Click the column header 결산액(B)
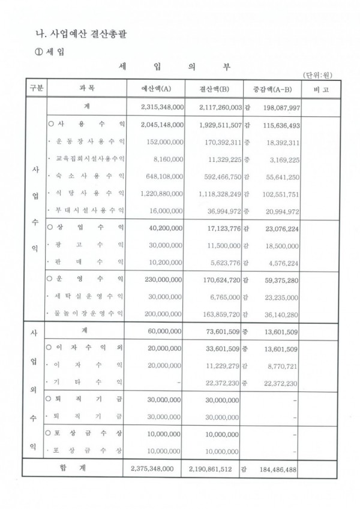[x=215, y=89]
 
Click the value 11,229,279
[x=219, y=365]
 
